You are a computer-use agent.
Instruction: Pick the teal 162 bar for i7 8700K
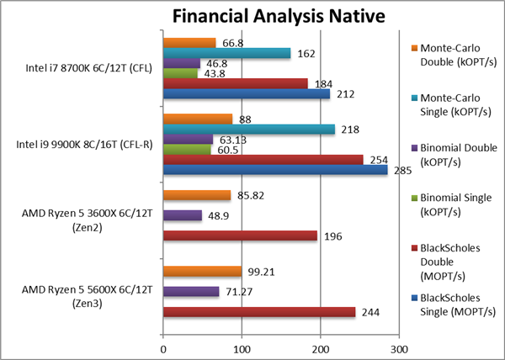pos(226,53)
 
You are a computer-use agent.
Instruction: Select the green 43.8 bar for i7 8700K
pos(180,73)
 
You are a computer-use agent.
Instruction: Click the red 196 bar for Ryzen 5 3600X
pos(240,236)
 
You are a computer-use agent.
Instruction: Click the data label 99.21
pos(260,271)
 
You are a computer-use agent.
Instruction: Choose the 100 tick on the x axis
pos(242,347)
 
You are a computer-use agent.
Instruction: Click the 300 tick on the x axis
pos(400,347)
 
